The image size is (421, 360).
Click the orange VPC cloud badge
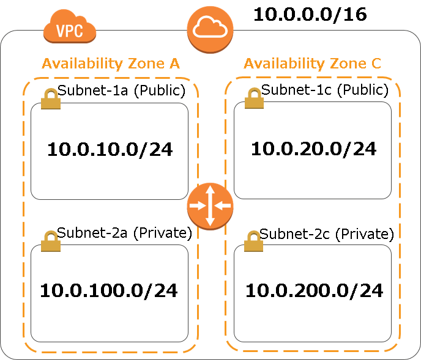point(70,28)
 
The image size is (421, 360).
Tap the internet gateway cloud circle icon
point(210,29)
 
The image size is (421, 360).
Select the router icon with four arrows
point(210,206)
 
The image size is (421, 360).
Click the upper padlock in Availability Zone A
point(51,99)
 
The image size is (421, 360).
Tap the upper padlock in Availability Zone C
point(254,98)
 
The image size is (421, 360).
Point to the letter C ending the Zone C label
point(376,64)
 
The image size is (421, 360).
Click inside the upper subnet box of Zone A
point(109,152)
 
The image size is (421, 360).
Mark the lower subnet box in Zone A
point(109,293)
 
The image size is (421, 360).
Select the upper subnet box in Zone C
point(312,150)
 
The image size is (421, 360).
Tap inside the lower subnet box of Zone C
point(312,293)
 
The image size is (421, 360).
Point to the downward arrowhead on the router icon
point(210,222)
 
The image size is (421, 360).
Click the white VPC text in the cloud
point(70,30)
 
